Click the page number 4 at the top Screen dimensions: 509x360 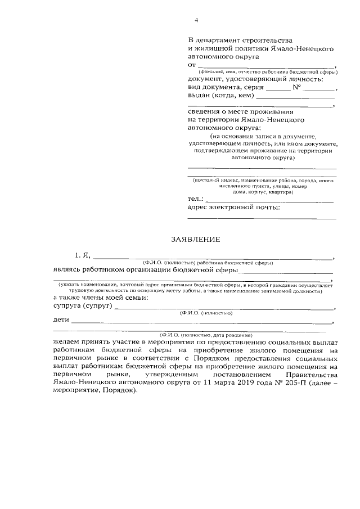coord(196,21)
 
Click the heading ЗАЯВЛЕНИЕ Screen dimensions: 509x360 coord(195,239)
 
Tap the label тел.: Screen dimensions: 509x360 coord(196,199)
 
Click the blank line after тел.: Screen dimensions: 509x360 coord(270,200)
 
